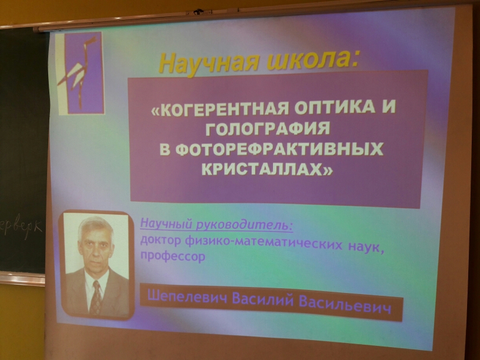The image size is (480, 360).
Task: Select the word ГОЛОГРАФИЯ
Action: tap(268, 129)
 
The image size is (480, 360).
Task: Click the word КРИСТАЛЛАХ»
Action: tap(267, 169)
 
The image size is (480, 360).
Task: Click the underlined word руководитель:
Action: tap(244, 225)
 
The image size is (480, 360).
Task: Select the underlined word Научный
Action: tap(166, 224)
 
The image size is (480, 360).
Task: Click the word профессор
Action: tap(173, 256)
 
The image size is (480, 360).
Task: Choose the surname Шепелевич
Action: tap(188, 296)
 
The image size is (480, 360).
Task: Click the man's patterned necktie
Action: tap(96, 298)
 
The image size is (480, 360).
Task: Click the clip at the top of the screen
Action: tap(199, 12)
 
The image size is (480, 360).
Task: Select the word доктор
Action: tap(161, 241)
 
